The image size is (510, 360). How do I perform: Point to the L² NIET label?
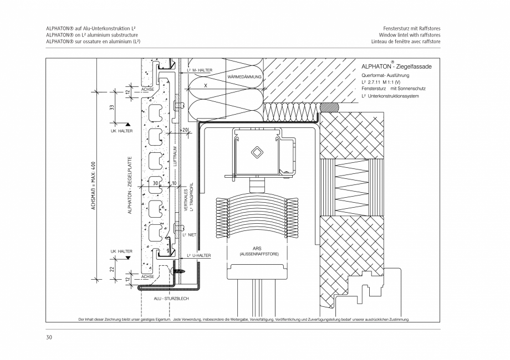[x=190, y=234]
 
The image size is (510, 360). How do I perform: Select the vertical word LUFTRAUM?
[x=175, y=157]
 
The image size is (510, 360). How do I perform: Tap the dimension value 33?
[x=111, y=108]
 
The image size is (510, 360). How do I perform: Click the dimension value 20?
[x=186, y=130]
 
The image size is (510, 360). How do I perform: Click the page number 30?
[x=49, y=337]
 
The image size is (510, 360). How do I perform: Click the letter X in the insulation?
[x=205, y=86]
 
